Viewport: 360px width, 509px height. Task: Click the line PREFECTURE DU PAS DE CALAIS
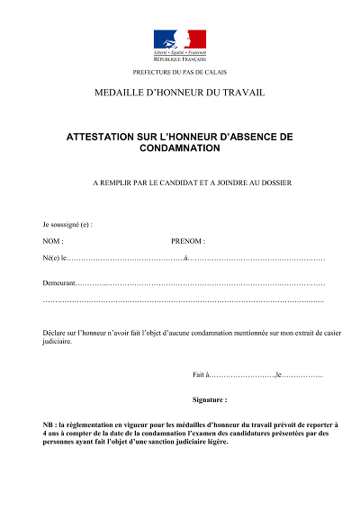(179, 72)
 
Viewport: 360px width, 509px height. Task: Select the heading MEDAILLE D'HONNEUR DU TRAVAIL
(179, 94)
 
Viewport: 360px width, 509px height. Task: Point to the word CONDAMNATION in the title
(179, 148)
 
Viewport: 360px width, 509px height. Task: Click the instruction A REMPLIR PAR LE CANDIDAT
(179, 183)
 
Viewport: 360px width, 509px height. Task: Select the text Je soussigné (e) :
(67, 223)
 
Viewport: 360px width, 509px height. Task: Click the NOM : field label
(53, 241)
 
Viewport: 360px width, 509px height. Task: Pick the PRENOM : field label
(188, 241)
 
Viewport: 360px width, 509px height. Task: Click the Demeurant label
(59, 282)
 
